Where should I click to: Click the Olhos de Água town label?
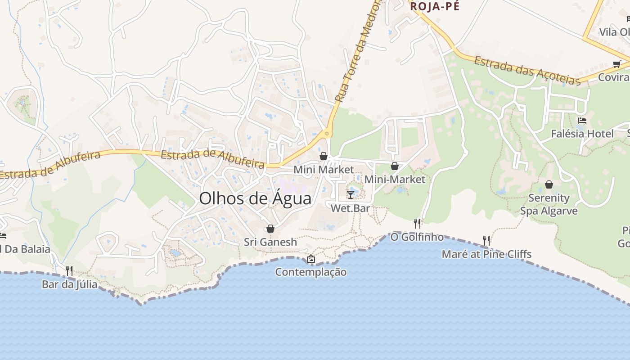pyautogui.click(x=255, y=198)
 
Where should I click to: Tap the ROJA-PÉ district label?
pyautogui.click(x=434, y=6)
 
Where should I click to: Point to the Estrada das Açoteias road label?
pyautogui.click(x=527, y=71)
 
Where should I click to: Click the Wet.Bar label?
pyautogui.click(x=350, y=208)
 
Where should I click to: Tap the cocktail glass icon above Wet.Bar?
pyautogui.click(x=351, y=194)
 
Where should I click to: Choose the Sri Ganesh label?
pyautogui.click(x=270, y=242)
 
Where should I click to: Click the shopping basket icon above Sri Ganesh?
pyautogui.click(x=270, y=229)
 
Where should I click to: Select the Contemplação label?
pyautogui.click(x=311, y=272)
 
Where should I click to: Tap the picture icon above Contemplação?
pyautogui.click(x=310, y=259)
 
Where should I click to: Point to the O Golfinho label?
pyautogui.click(x=417, y=237)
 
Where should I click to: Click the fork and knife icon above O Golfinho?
pyautogui.click(x=417, y=223)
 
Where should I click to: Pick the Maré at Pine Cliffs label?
pyautogui.click(x=486, y=254)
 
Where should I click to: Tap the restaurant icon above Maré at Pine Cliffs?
pyautogui.click(x=486, y=241)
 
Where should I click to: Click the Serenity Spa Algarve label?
pyautogui.click(x=549, y=204)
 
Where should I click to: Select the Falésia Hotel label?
pyautogui.click(x=582, y=134)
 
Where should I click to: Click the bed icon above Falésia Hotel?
pyautogui.click(x=582, y=121)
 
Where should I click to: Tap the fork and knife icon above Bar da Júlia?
pyautogui.click(x=69, y=270)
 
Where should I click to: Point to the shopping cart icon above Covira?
pyautogui.click(x=616, y=64)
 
